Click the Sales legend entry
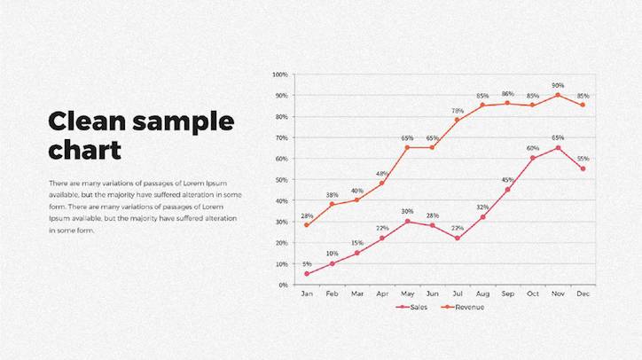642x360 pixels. (411, 307)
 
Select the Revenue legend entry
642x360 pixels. (463, 307)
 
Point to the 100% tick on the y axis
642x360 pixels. (280, 74)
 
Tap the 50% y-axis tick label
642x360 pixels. (281, 180)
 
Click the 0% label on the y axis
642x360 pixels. (284, 285)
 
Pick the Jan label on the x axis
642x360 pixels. (307, 293)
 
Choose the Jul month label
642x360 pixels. (458, 293)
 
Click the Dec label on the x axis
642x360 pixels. (583, 293)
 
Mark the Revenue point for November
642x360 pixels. (558, 95)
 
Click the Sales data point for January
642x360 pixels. (307, 274)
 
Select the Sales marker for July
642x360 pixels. (458, 239)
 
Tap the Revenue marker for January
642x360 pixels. (307, 225)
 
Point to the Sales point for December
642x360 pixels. (583, 168)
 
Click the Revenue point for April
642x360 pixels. (382, 184)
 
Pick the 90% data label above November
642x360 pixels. (558, 85)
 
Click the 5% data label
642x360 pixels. (307, 264)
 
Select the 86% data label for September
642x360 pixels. (508, 94)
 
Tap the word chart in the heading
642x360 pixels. (85, 150)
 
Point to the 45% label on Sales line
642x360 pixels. (508, 180)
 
